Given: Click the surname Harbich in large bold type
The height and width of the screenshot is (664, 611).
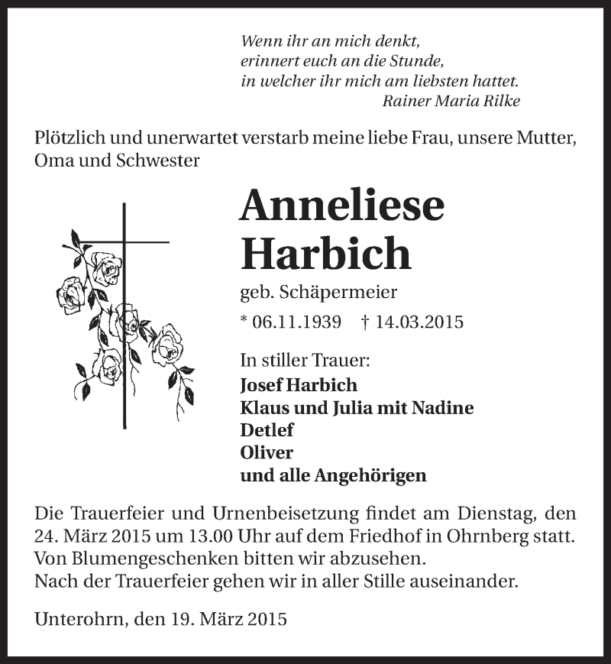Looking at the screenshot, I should [x=326, y=254].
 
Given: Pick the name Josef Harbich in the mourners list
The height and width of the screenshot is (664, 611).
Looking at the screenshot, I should [x=299, y=385].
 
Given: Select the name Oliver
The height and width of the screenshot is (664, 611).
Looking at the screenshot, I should [x=267, y=452].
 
